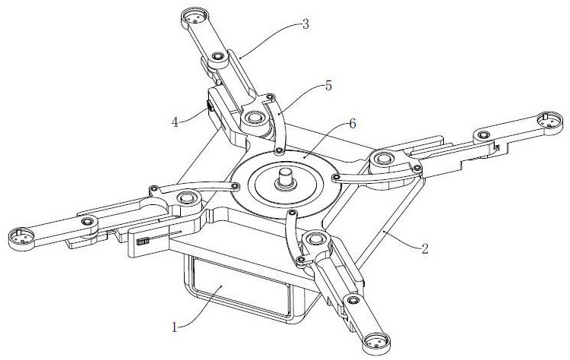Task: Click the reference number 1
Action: [175, 328]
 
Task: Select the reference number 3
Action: [305, 24]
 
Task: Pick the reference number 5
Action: [328, 86]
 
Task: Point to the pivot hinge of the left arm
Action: [185, 200]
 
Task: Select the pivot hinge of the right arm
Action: [381, 159]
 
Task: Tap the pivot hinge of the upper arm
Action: [253, 118]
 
